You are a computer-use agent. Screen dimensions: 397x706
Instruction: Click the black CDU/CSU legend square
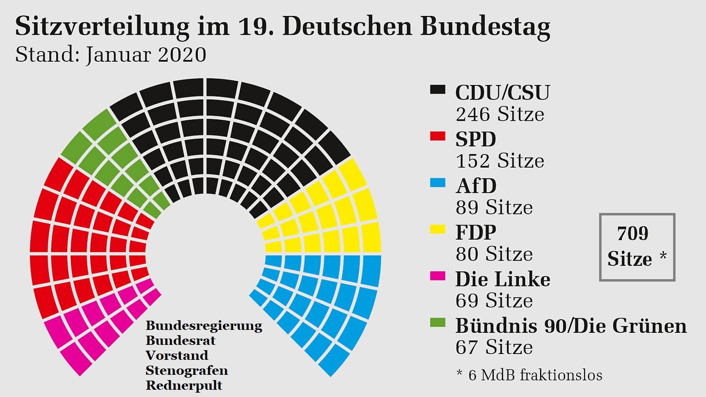pos(438,89)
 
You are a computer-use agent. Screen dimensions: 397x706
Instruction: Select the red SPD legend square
pos(438,136)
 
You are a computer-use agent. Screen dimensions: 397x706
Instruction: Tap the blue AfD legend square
pos(438,183)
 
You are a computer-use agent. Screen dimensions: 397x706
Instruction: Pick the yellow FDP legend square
pos(438,229)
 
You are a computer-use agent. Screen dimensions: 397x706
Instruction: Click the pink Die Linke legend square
pos(438,276)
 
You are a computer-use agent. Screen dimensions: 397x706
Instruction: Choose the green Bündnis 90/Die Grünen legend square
pos(438,323)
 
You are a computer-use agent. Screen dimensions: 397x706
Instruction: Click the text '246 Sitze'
pos(500,114)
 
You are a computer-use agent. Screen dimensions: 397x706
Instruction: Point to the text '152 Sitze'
pos(500,161)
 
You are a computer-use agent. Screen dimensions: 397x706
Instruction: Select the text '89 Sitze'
pos(494,208)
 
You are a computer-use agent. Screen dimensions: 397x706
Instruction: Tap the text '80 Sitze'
pos(494,254)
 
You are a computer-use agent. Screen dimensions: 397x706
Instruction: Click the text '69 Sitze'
pos(494,301)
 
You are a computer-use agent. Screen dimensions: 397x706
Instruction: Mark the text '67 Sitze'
pos(494,347)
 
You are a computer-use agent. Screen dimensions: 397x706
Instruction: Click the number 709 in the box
pos(633,234)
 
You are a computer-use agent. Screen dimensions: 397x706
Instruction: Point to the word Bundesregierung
pos(204,326)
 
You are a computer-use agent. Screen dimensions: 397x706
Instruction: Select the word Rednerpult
pos(184,386)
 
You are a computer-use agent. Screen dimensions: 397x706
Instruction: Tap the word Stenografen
pos(187,371)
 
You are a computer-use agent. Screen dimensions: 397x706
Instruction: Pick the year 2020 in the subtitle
pos(182,55)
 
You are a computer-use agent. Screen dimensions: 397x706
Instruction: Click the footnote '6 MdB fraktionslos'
pos(535,375)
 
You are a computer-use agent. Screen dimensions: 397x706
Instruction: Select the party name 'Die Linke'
pos(503,279)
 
